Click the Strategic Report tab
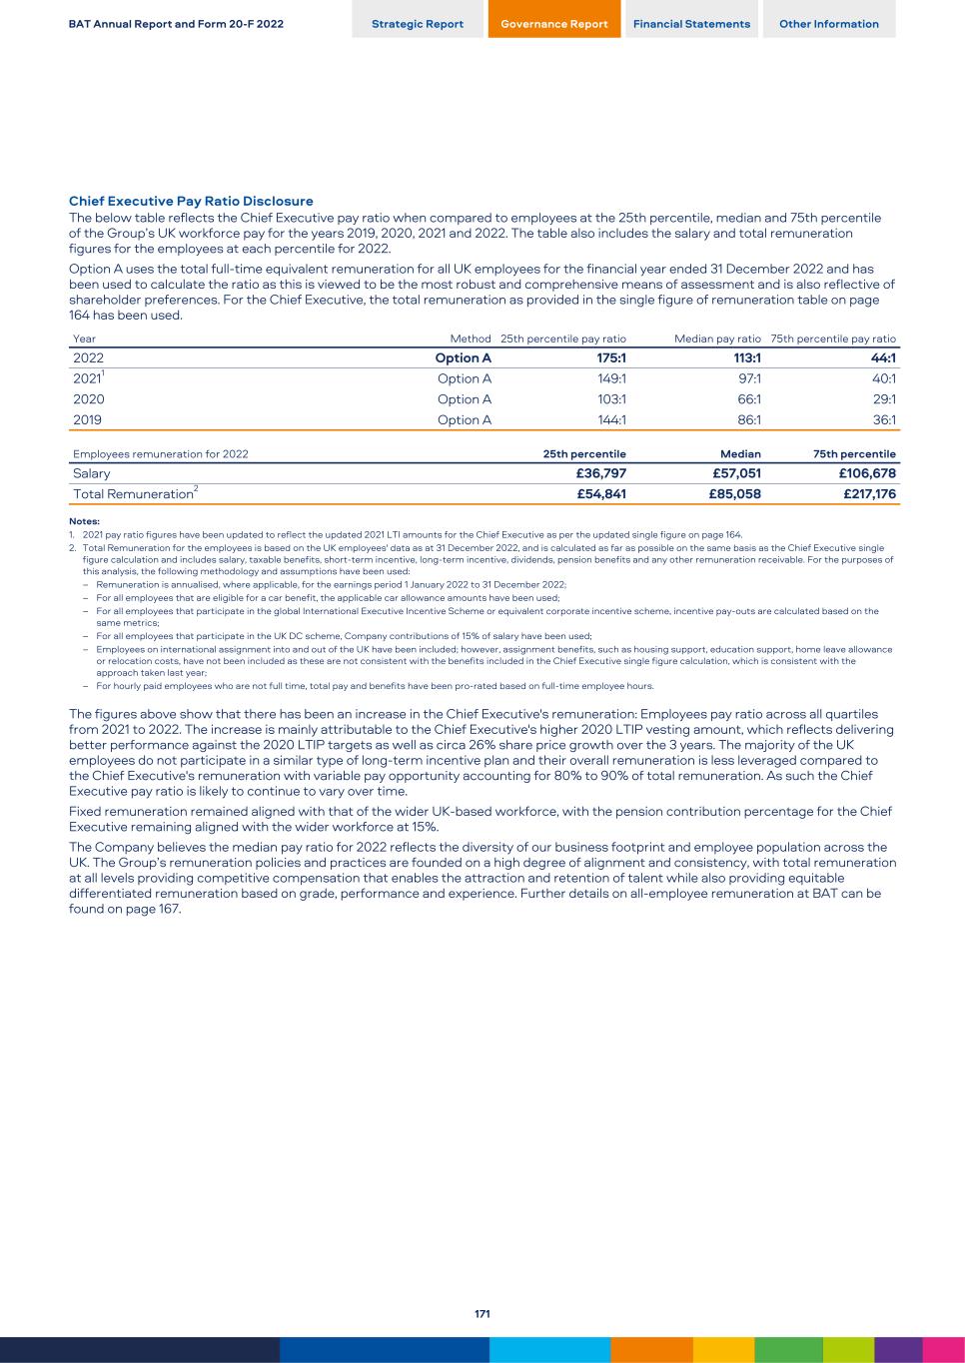(x=418, y=24)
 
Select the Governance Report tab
(x=554, y=24)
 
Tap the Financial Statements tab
(x=691, y=24)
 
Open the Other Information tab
(x=829, y=24)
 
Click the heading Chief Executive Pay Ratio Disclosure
(x=191, y=202)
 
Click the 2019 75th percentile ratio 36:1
(x=884, y=420)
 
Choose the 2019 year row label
(x=88, y=420)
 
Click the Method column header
(x=471, y=340)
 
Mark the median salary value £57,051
(x=737, y=473)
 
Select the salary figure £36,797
(x=601, y=473)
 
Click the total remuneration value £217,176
(x=867, y=494)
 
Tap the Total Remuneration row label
(x=134, y=494)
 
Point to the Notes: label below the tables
(x=84, y=521)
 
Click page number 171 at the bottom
(x=482, y=1314)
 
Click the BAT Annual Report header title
(x=176, y=24)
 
